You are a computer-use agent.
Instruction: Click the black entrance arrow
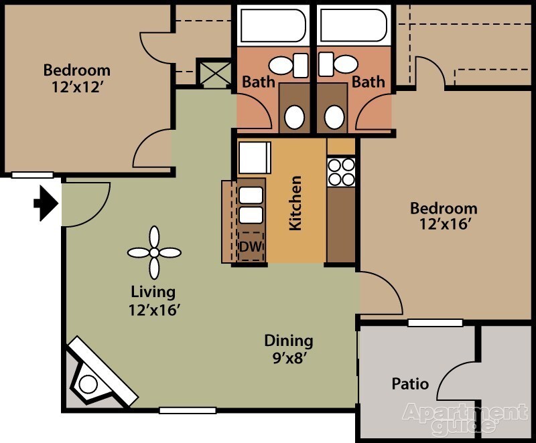pos(46,203)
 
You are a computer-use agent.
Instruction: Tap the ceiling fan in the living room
pos(154,252)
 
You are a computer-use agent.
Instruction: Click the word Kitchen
pos(295,203)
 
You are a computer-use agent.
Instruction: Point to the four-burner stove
pos(341,171)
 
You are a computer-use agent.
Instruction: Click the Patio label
pos(410,384)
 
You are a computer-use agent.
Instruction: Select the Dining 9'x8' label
pos(288,348)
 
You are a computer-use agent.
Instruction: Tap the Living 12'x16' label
pos(153,300)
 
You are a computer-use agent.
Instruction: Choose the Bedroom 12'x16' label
pos(444,215)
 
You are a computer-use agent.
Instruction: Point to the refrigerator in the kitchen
pos(255,158)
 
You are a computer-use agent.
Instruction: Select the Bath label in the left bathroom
pos(259,82)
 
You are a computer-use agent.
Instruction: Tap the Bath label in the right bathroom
pos(368,82)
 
